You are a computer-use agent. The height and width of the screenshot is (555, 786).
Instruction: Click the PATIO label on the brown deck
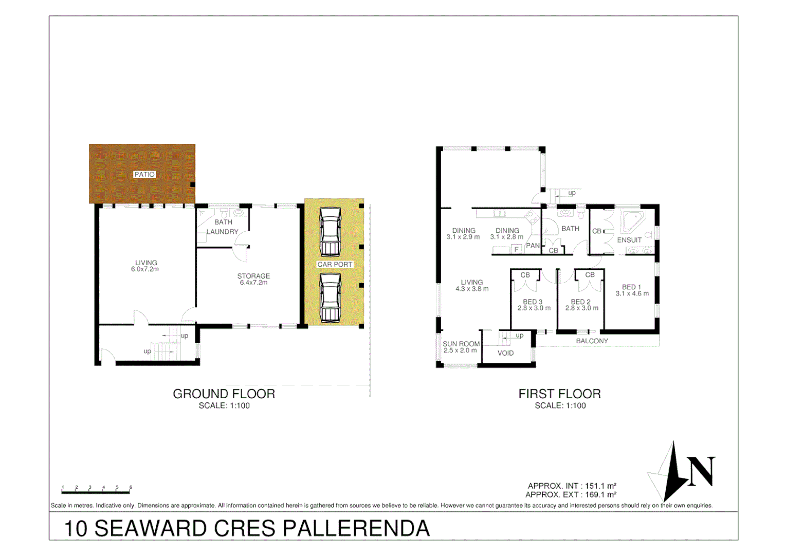pos(144,174)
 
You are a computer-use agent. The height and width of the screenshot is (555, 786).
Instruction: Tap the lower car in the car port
pos(330,298)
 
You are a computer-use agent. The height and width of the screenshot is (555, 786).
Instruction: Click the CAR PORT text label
pos(335,264)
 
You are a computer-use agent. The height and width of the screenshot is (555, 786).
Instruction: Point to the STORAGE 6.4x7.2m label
pos(253,279)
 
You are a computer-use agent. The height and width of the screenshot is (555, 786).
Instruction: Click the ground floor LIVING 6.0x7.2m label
pos(145,266)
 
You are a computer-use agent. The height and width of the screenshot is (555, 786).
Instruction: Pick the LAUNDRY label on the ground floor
pos(222,232)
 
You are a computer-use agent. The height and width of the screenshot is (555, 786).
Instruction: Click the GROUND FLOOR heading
pos(224,394)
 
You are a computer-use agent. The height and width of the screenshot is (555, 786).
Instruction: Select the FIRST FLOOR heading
pos(559,394)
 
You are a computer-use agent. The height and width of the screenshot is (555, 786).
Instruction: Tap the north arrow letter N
pos(701,471)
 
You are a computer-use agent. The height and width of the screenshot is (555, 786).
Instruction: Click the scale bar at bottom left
pos(96,492)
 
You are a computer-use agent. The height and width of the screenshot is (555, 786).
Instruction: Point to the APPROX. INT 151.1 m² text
pos(572,486)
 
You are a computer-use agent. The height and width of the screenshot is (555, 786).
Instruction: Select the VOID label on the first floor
pos(505,353)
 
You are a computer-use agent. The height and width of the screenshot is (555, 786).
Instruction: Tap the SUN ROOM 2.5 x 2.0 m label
pos(461,347)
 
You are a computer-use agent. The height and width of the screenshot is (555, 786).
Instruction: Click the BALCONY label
pos(592,341)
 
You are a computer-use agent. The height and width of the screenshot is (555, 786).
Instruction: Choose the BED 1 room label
pos(632,290)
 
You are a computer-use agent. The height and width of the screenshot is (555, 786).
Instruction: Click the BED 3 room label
pos(533,305)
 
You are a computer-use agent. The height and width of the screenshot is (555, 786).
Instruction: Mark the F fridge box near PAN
pos(516,249)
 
